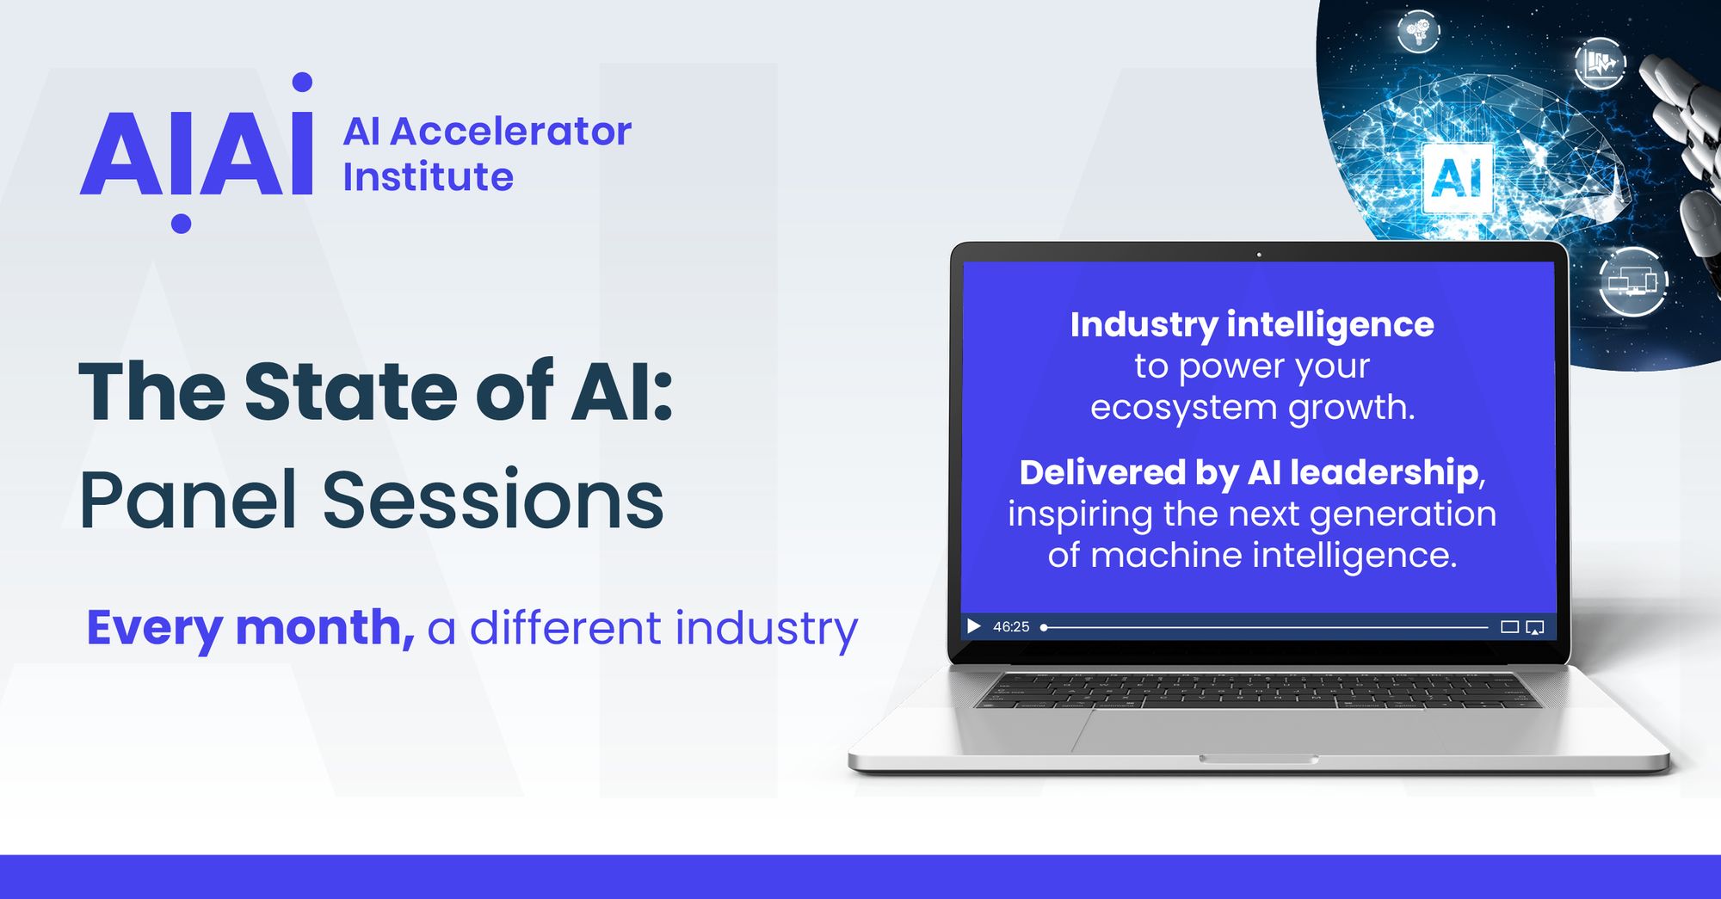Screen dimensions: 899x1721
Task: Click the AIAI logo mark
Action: (196, 153)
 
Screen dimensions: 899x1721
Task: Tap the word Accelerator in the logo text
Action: (510, 132)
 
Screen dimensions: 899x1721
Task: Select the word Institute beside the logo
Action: (428, 177)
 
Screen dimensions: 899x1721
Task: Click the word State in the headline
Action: (351, 392)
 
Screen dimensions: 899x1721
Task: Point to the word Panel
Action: (188, 500)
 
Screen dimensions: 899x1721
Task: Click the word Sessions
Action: (493, 500)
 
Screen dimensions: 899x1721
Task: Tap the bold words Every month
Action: (250, 627)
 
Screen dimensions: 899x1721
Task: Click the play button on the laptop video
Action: (973, 626)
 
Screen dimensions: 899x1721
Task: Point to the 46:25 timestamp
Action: (1011, 627)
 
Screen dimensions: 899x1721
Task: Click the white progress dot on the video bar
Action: (1044, 627)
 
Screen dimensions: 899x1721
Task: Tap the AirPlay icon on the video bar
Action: (1535, 627)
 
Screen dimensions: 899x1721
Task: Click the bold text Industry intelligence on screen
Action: (1252, 325)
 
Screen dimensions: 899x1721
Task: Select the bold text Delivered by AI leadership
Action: (1248, 472)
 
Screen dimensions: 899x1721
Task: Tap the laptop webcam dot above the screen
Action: (1259, 255)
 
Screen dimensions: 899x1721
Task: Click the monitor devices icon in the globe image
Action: (1632, 281)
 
